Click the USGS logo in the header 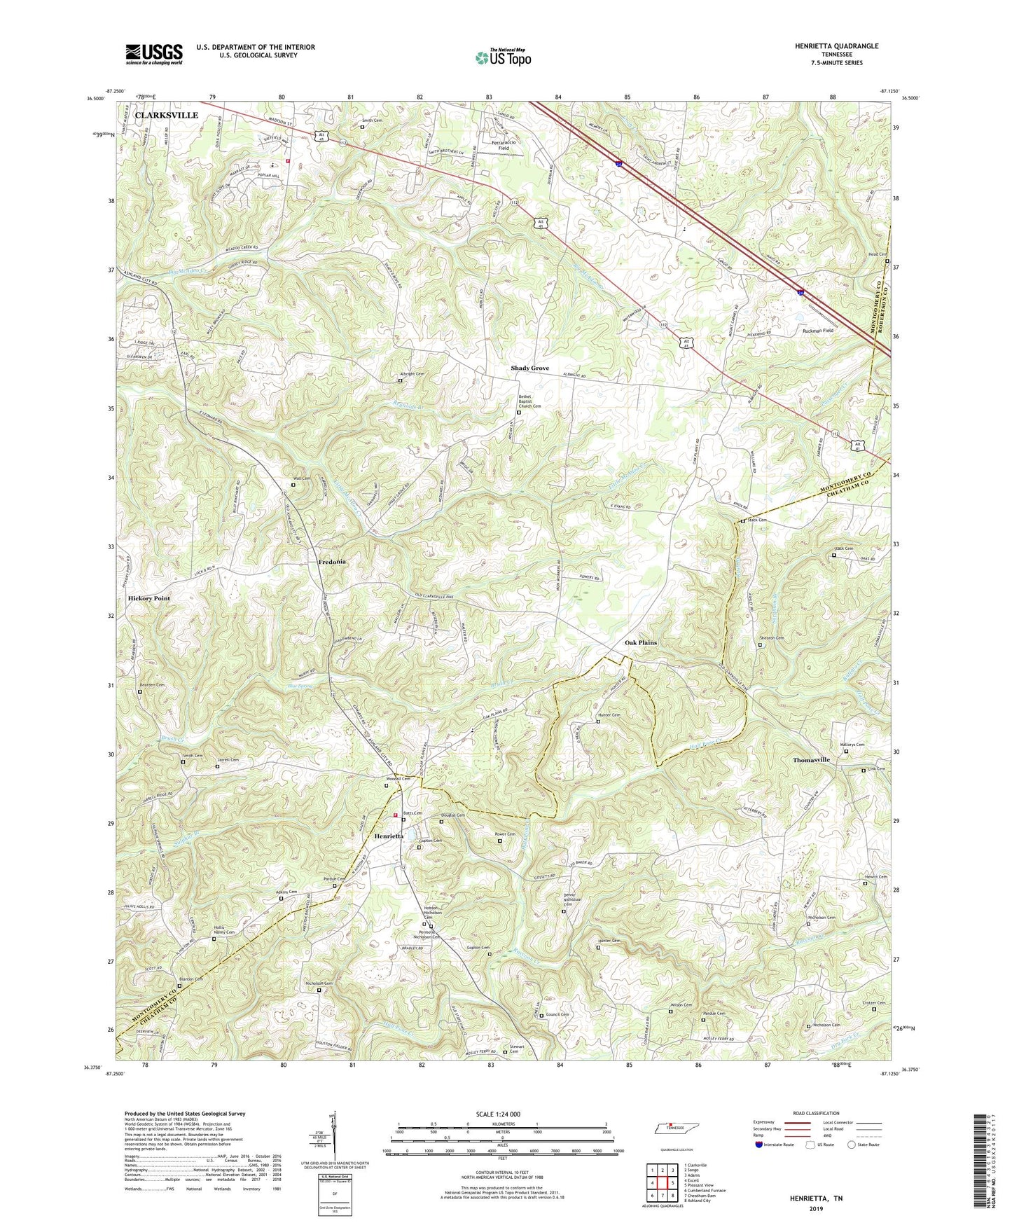pos(154,54)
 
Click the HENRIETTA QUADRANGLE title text pos(836,46)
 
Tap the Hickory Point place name pos(148,599)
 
